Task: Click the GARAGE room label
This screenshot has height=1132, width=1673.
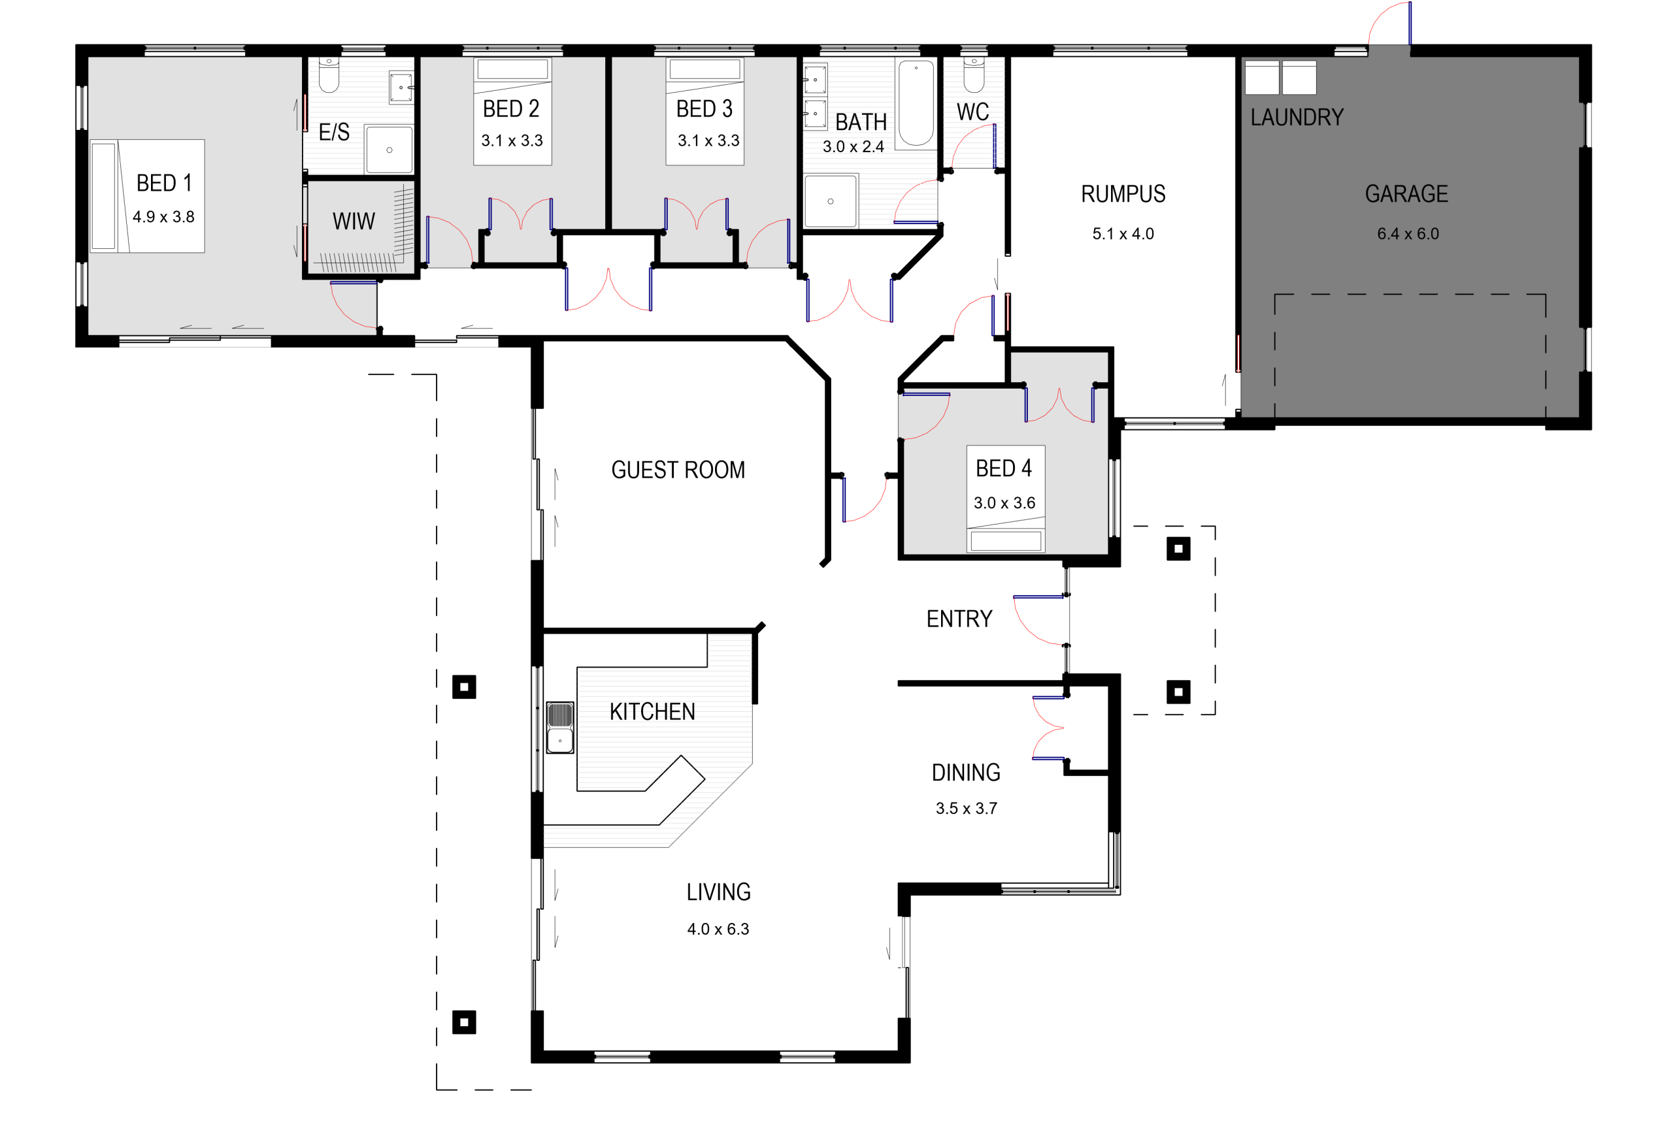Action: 1406,193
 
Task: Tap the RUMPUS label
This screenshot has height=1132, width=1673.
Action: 1123,193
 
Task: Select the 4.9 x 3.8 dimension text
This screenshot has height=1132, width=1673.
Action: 163,217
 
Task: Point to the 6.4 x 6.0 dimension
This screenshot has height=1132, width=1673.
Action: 1408,234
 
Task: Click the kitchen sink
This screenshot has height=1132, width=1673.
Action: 560,728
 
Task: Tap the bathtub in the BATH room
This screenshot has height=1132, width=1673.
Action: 916,103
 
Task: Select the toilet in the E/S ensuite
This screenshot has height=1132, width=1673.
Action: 329,75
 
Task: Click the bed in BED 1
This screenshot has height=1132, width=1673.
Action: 148,196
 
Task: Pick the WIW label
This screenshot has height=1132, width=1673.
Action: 354,221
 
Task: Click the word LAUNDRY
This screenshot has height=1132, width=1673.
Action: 1297,118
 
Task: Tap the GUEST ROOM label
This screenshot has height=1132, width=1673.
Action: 678,470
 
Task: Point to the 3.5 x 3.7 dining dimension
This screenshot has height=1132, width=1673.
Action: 966,808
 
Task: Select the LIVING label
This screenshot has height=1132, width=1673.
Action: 718,892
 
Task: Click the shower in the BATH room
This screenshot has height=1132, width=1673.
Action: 831,201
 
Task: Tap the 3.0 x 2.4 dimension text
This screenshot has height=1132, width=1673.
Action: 853,147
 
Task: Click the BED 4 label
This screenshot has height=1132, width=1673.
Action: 1004,468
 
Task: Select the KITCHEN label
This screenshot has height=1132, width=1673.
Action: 652,712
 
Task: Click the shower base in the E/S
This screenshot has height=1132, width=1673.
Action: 389,150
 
